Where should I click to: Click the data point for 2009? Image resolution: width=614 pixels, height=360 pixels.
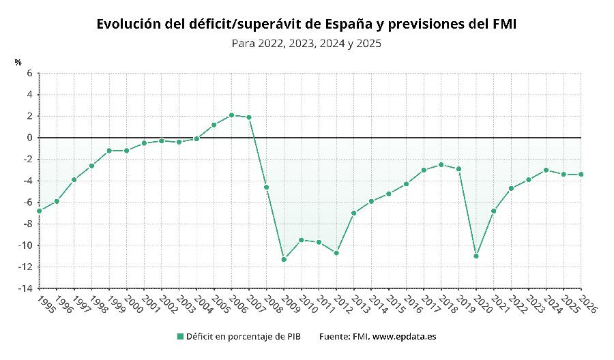tap(284, 259)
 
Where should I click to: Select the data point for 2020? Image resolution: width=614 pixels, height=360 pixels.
tap(476, 256)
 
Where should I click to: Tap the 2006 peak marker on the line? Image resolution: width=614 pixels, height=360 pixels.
tap(231, 115)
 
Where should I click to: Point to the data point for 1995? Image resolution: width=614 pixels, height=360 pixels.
tap(40, 211)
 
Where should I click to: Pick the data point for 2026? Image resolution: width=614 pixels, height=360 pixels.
tap(581, 175)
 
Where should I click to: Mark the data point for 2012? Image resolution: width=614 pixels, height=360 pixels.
tap(336, 253)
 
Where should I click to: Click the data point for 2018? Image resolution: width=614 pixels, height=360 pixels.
tap(441, 164)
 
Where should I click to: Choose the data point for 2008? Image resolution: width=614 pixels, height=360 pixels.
tap(266, 187)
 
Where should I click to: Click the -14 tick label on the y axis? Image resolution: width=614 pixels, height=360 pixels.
tap(26, 288)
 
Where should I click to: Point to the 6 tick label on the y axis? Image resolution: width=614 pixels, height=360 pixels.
tap(29, 73)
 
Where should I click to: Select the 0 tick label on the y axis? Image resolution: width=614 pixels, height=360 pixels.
tap(29, 138)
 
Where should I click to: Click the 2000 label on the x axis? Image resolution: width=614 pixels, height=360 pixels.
tap(133, 303)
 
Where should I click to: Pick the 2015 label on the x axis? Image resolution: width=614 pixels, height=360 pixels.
tap(395, 303)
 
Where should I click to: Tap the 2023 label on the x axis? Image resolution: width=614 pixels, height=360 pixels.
tap(535, 303)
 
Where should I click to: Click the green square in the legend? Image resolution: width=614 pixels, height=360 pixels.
tap(180, 336)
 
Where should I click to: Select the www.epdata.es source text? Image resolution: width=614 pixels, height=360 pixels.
tap(404, 336)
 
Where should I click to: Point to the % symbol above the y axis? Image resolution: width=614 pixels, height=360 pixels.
tap(18, 62)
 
